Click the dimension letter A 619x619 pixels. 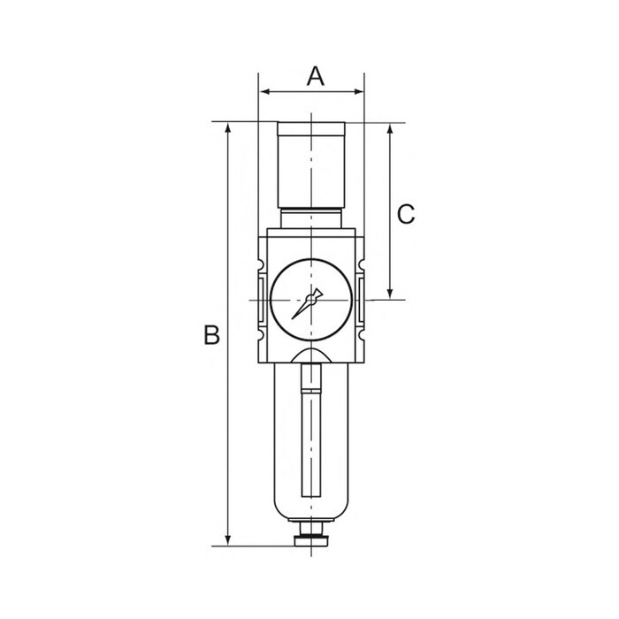tap(316, 76)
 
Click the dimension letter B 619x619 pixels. tap(211, 334)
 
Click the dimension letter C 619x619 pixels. tap(406, 214)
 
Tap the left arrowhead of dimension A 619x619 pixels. tap(265, 92)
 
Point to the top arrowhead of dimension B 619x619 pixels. tap(228, 128)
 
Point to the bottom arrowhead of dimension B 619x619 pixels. tap(228, 540)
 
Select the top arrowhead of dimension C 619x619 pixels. tap(390, 129)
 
